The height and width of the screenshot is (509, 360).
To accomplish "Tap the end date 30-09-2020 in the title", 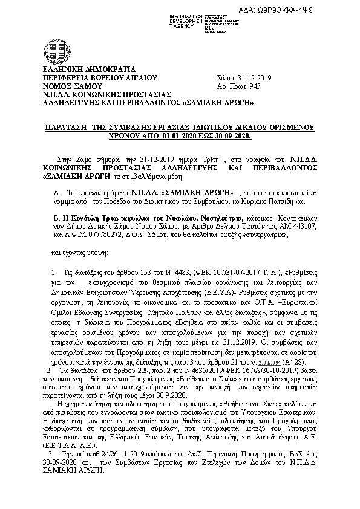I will [230, 137].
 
